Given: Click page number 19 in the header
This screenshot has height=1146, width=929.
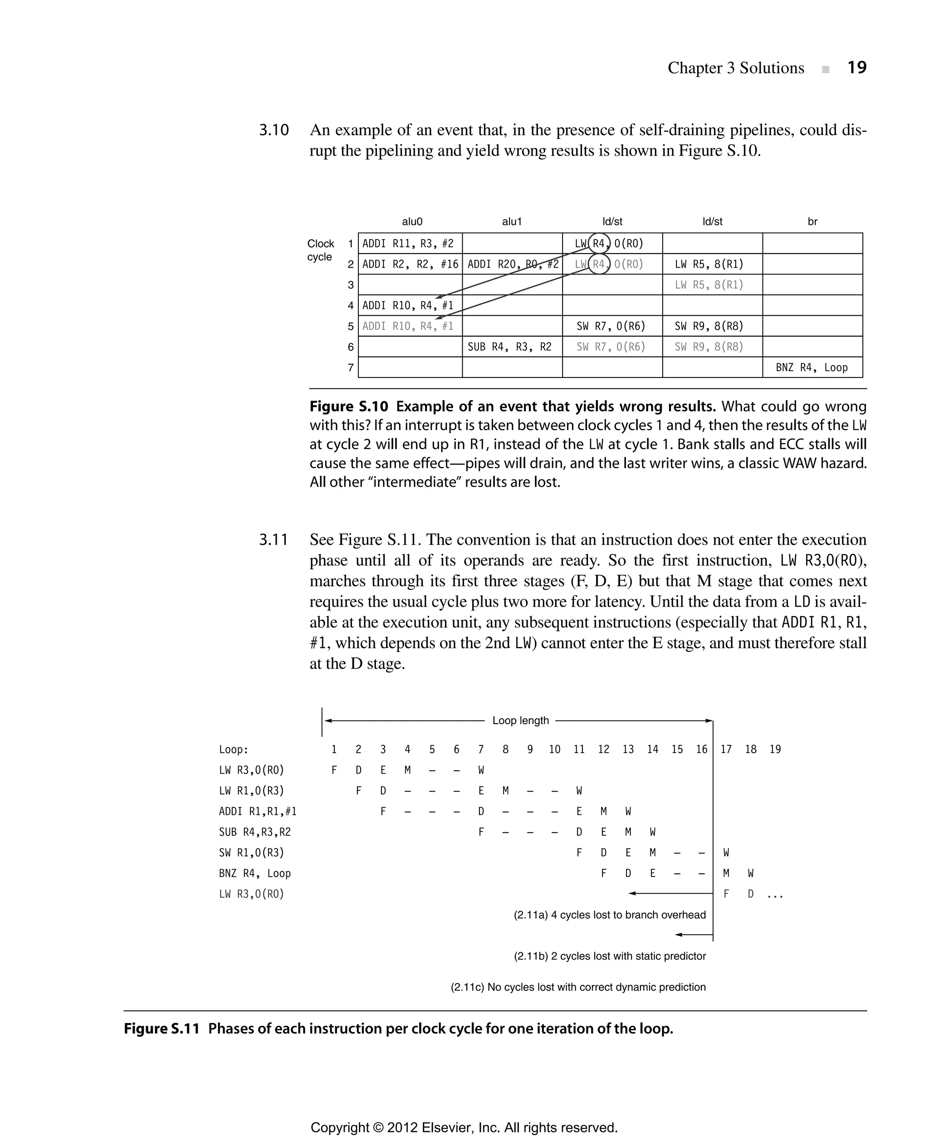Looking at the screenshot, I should tap(857, 68).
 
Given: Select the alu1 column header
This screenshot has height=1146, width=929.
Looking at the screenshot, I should tap(512, 221).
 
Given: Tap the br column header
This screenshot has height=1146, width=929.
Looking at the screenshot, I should tap(812, 221).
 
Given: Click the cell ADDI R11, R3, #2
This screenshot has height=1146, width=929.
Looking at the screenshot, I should tap(408, 244).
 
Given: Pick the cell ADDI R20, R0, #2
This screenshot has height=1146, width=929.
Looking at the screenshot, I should tap(513, 264).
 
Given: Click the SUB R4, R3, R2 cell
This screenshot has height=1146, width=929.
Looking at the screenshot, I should tap(509, 347).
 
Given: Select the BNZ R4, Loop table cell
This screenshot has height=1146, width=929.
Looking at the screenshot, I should tap(812, 368).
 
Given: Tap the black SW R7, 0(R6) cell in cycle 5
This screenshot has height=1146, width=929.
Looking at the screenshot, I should tap(611, 326).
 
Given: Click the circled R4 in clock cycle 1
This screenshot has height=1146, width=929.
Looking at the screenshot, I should tap(599, 244).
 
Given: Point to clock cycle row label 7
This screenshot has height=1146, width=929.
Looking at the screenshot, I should tap(351, 368).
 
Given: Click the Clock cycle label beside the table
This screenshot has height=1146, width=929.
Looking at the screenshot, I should tap(320, 250).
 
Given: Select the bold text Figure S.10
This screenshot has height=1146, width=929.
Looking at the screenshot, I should tap(349, 407).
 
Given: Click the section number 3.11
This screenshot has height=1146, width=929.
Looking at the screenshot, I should tap(274, 539).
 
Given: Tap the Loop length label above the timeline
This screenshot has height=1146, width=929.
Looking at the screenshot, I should tap(520, 720).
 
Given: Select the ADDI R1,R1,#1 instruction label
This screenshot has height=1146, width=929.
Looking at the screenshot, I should tap(257, 812).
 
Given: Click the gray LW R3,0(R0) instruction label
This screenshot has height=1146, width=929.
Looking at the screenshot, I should tap(251, 894).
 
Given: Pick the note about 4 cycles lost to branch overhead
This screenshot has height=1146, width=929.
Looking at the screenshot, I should tap(610, 915).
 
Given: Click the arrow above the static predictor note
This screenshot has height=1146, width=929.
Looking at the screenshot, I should tap(694, 935).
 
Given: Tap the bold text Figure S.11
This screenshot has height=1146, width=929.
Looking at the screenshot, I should tap(161, 1029).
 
